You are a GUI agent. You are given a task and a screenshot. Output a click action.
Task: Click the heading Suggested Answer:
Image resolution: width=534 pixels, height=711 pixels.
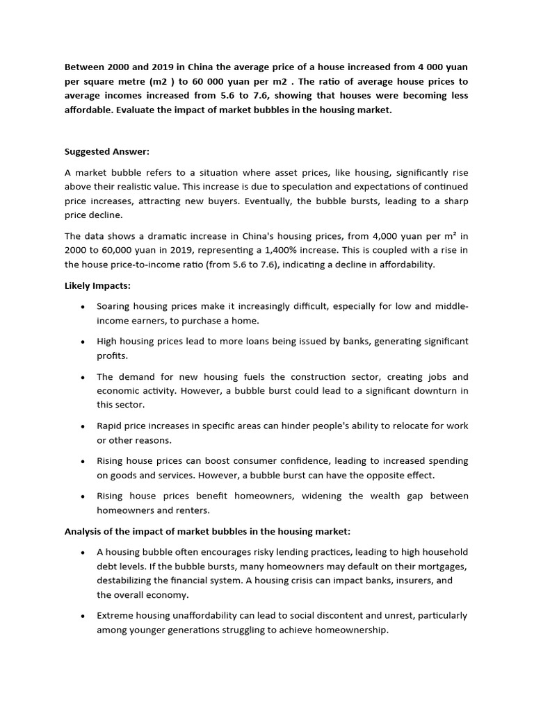click(x=107, y=152)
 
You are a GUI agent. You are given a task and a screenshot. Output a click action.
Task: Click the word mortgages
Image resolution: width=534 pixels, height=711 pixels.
click(x=441, y=567)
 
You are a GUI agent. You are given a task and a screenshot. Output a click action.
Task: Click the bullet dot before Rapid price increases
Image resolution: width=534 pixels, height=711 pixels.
click(x=83, y=426)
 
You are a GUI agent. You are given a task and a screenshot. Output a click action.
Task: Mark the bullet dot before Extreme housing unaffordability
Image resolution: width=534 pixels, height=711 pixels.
click(x=83, y=617)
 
